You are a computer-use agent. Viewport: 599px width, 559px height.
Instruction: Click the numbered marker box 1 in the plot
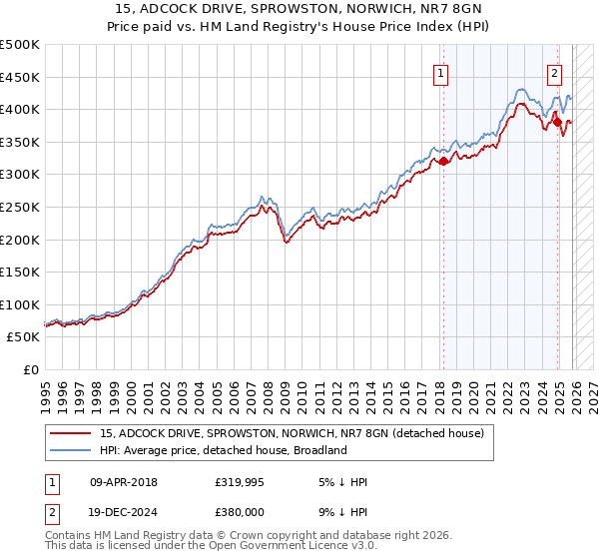pyautogui.click(x=440, y=72)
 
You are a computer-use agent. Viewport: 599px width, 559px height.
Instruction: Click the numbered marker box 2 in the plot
pyautogui.click(x=554, y=72)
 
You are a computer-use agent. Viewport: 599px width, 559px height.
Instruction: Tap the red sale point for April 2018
pyautogui.click(x=443, y=161)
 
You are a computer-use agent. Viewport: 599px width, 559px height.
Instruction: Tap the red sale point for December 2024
pyautogui.click(x=558, y=122)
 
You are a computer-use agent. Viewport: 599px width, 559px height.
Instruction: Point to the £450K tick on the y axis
pyautogui.click(x=20, y=77)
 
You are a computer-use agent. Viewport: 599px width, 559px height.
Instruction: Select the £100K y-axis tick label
pyautogui.click(x=20, y=304)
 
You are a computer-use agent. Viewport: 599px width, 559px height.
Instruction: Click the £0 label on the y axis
pyautogui.click(x=31, y=369)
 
